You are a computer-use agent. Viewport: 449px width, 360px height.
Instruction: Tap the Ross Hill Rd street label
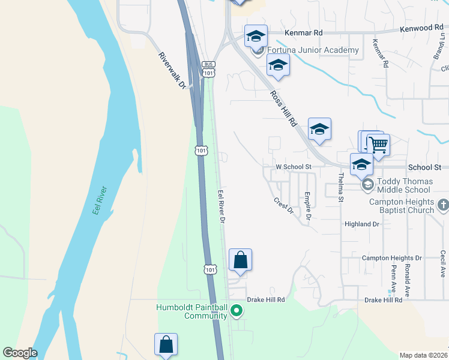(x=284, y=108)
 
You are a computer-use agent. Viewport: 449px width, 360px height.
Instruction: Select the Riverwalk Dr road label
(x=173, y=70)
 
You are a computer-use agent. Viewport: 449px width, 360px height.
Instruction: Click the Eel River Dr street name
(x=220, y=206)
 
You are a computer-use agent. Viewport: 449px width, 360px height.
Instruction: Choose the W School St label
(x=293, y=167)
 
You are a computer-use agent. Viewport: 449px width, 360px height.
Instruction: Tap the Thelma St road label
(x=340, y=187)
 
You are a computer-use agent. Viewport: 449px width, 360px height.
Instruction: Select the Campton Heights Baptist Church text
(x=401, y=206)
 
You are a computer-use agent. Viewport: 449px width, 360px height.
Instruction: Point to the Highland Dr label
(x=362, y=224)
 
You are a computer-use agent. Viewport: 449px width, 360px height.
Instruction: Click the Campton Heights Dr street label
(x=392, y=258)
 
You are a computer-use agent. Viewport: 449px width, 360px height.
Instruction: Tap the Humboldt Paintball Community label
(x=192, y=311)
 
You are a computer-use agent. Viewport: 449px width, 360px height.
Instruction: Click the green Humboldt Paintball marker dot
(x=237, y=311)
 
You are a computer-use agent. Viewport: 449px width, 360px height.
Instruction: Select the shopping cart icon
(x=378, y=145)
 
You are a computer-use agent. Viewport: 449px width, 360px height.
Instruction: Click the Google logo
(x=20, y=353)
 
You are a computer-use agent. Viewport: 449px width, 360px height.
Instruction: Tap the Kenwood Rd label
(x=422, y=28)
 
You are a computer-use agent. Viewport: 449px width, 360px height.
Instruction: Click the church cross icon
(x=442, y=205)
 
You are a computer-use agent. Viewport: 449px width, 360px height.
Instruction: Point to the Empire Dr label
(x=307, y=204)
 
